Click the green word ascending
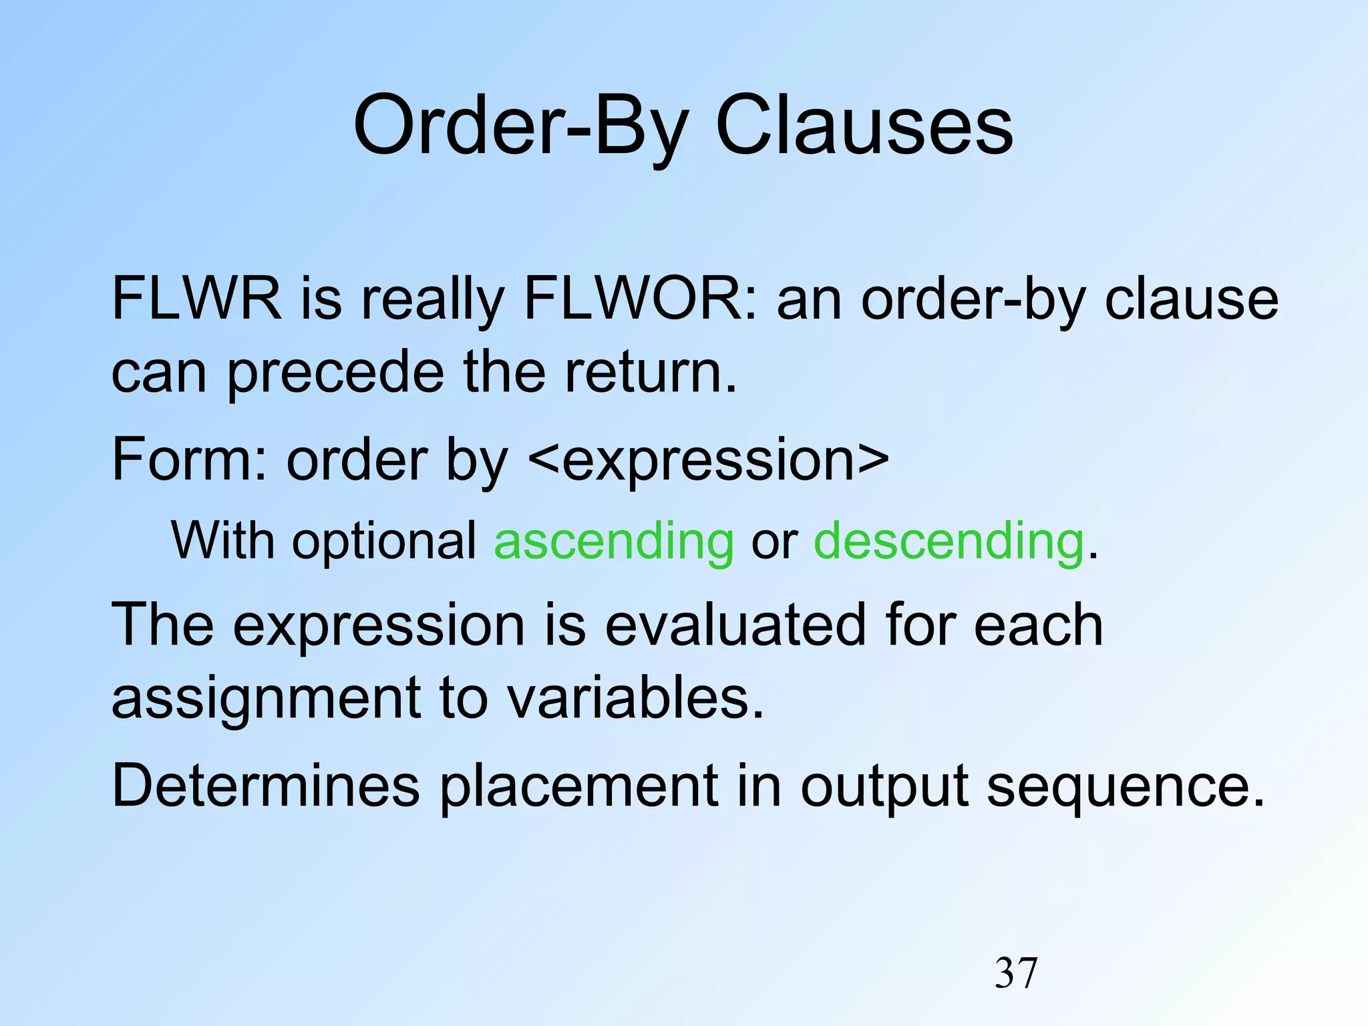click(613, 541)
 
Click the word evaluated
click(735, 625)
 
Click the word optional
click(383, 541)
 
